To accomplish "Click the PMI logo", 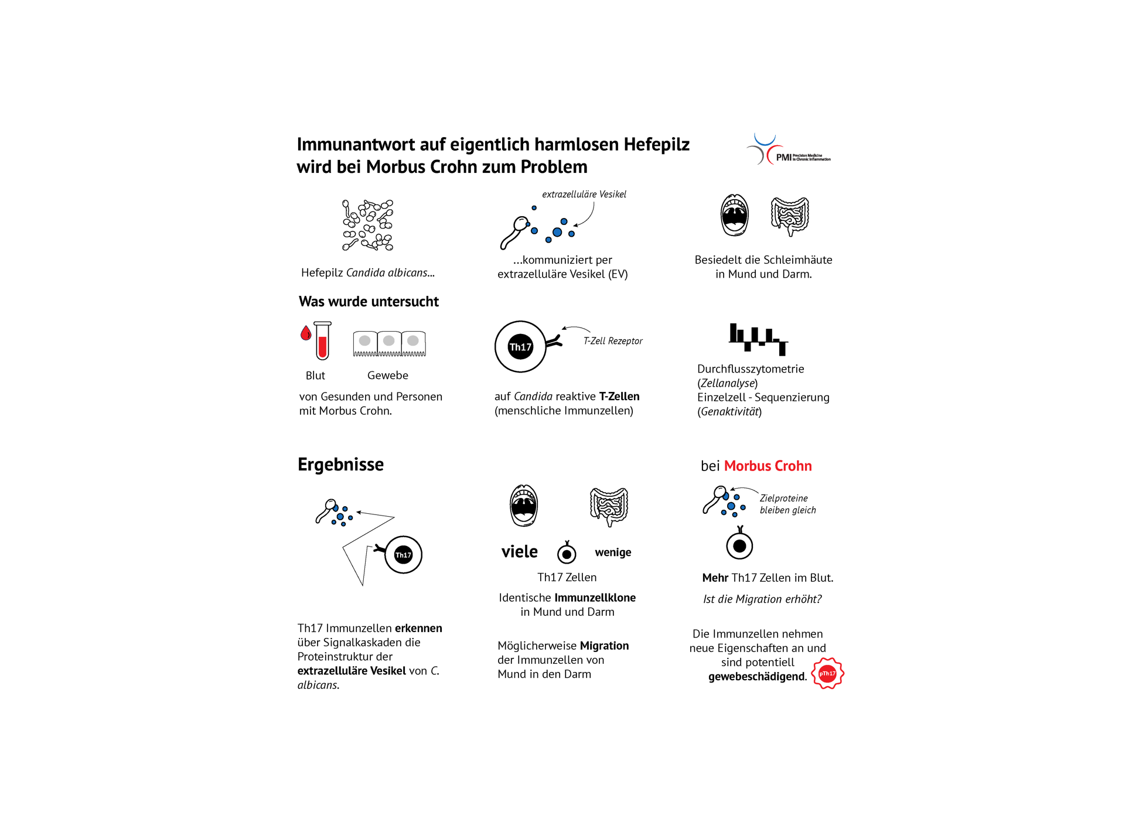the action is [x=788, y=149].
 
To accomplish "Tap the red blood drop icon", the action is [x=305, y=333].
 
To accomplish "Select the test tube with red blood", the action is [x=322, y=340].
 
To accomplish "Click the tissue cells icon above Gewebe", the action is [x=389, y=343].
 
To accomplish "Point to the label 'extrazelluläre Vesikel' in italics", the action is [x=584, y=194].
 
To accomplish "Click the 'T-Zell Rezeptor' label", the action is [x=612, y=340].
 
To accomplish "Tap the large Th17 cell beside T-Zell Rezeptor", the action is [x=520, y=346].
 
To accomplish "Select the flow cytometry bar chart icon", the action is [x=758, y=339].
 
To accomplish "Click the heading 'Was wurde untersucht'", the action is [x=369, y=301].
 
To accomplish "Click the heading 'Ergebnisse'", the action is [x=340, y=464].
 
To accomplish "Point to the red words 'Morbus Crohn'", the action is [x=768, y=466].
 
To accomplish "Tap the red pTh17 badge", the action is [x=827, y=673].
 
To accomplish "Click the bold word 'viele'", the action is [x=519, y=551].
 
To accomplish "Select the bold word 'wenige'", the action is [x=613, y=552].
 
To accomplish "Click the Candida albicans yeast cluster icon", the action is [x=368, y=225].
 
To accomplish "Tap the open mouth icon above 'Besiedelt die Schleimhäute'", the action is [x=735, y=215].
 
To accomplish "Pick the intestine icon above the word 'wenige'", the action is [x=609, y=506].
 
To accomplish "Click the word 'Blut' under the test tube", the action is [x=315, y=376].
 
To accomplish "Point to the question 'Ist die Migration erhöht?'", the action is [x=762, y=599].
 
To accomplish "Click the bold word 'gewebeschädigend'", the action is [x=757, y=677].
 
